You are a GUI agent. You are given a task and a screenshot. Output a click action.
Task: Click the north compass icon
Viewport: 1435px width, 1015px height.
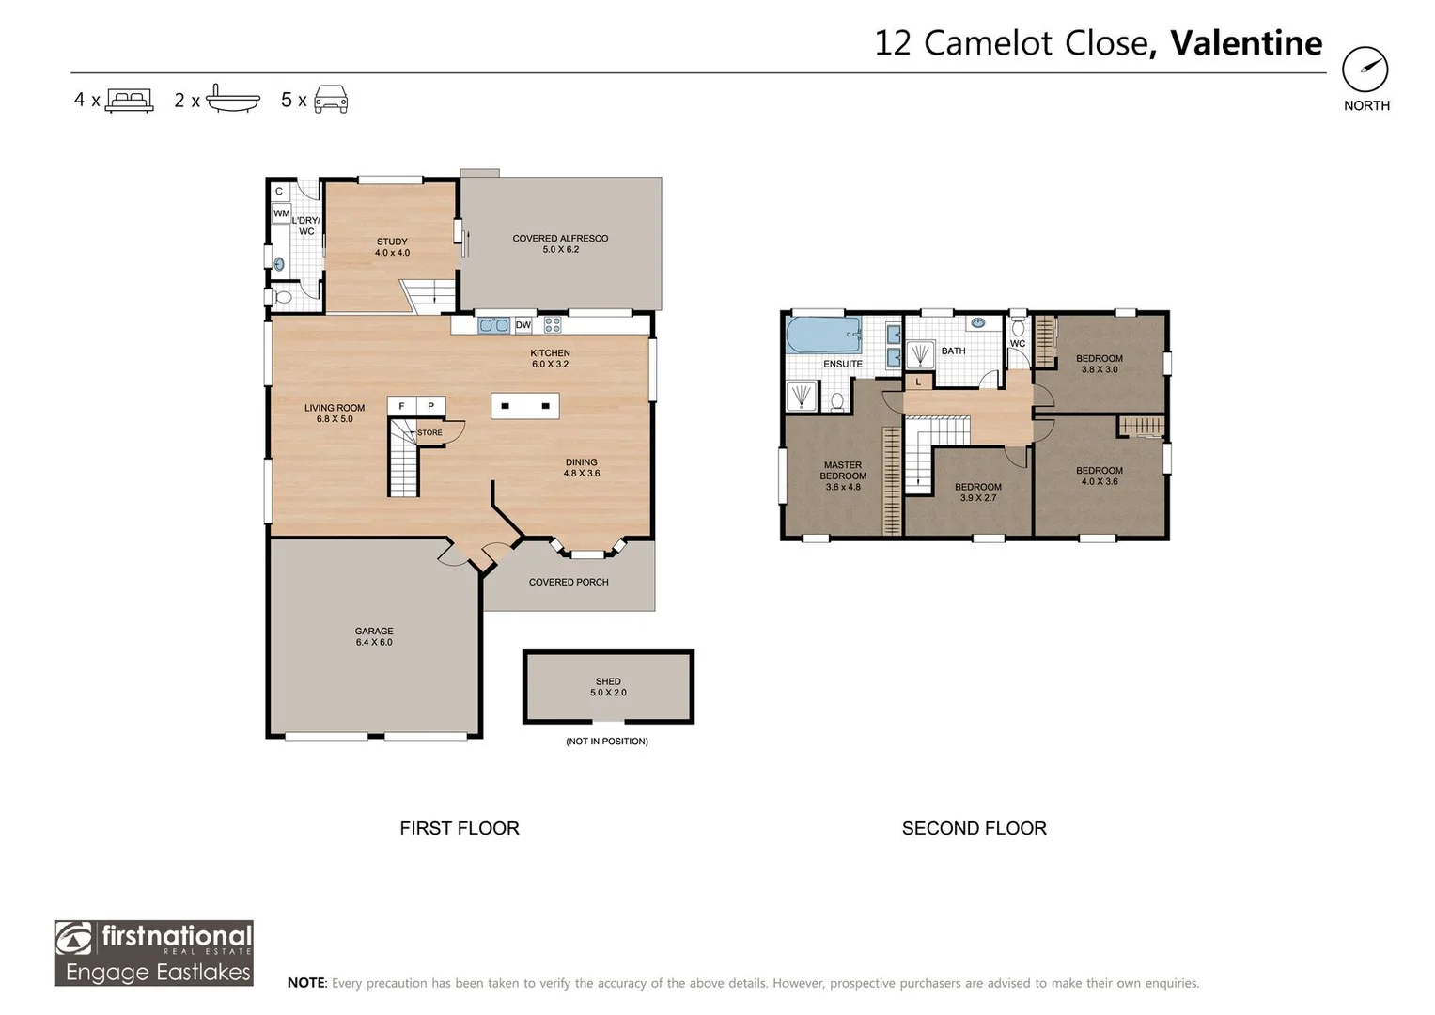coord(1365,70)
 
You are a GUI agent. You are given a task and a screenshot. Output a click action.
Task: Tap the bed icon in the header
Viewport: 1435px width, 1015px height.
coord(129,100)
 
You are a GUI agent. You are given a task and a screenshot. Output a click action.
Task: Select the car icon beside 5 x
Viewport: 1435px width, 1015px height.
coord(331,100)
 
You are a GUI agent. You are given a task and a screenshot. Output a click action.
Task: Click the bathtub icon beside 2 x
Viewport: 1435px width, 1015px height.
coord(232,99)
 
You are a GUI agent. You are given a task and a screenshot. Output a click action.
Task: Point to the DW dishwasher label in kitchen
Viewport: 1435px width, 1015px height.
coord(523,325)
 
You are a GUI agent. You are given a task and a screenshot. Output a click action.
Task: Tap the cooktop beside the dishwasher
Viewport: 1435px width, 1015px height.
coord(553,325)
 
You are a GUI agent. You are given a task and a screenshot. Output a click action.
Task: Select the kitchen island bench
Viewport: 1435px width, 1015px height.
coord(525,406)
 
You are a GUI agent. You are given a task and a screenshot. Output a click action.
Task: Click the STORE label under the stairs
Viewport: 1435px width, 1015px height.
coord(429,433)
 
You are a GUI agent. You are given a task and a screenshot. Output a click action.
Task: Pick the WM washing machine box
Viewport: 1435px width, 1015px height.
coord(281,214)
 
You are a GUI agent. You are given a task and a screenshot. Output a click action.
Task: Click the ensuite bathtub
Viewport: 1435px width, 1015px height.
coord(823,335)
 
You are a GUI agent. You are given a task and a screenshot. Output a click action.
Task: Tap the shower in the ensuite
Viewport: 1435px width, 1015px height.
coord(802,396)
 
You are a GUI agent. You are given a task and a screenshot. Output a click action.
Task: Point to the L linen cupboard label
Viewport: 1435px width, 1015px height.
coord(918,382)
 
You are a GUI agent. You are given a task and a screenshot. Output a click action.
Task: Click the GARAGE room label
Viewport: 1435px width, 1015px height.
coord(374,632)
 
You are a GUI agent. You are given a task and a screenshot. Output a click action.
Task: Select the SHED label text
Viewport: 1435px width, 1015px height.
coord(608,681)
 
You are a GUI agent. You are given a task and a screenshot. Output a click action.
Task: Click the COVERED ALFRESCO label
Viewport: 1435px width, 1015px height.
coord(560,239)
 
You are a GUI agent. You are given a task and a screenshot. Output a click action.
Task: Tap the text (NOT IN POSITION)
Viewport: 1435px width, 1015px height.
coord(607,742)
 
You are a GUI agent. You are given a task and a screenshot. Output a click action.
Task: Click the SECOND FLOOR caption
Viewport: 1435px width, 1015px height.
coord(974,828)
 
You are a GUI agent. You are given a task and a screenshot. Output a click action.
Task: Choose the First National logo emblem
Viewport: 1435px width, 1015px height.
coord(75,938)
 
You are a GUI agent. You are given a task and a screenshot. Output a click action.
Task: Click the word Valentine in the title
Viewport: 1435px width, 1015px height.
coord(1246,43)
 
